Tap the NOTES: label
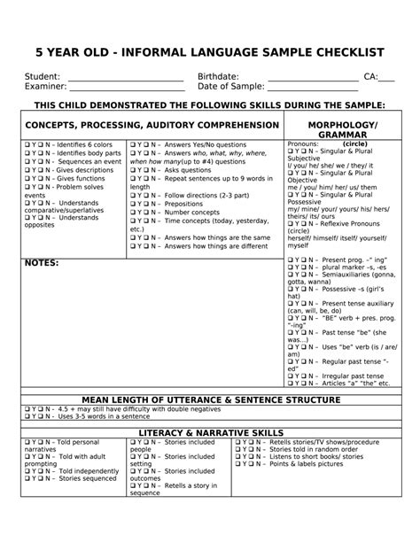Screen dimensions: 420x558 (x=42, y=263)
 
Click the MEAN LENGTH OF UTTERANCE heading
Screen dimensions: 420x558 (x=211, y=400)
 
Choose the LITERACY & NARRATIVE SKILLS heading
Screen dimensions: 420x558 (x=210, y=431)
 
